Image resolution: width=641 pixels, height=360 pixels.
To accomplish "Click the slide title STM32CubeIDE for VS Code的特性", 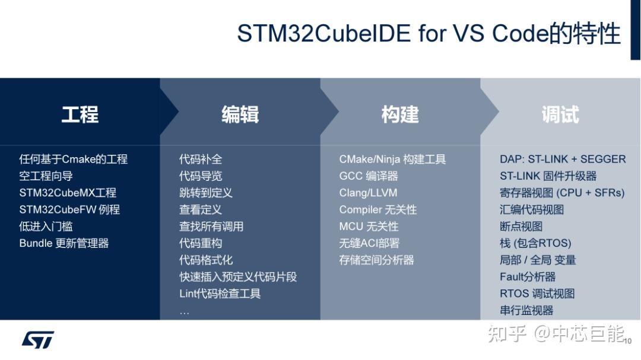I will [429, 33].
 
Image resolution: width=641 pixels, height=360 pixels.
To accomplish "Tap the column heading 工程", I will [80, 114].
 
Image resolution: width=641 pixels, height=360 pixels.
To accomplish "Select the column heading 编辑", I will [240, 114].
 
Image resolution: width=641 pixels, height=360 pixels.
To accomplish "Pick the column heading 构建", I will [400, 114].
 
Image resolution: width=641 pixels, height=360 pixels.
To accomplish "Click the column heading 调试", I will [560, 114].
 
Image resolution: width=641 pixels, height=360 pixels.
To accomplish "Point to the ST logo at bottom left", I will [38, 339].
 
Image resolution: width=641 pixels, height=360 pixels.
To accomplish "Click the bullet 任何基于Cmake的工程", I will [74, 159].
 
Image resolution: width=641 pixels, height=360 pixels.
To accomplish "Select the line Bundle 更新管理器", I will [64, 243].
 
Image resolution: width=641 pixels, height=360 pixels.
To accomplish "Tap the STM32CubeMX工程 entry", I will [68, 193].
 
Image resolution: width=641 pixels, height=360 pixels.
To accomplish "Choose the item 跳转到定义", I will [206, 193].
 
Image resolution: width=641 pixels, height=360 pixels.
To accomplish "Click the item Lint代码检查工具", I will [220, 294].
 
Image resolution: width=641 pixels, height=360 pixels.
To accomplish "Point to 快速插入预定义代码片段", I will [238, 277].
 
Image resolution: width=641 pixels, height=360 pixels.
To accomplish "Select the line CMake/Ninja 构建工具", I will [392, 159].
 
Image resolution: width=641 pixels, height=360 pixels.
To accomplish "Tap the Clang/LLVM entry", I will [368, 193].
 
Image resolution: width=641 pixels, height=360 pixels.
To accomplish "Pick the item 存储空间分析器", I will [376, 260].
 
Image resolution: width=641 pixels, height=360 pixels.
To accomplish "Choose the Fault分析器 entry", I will [528, 277].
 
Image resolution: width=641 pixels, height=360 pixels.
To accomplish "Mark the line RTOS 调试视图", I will [537, 294].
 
